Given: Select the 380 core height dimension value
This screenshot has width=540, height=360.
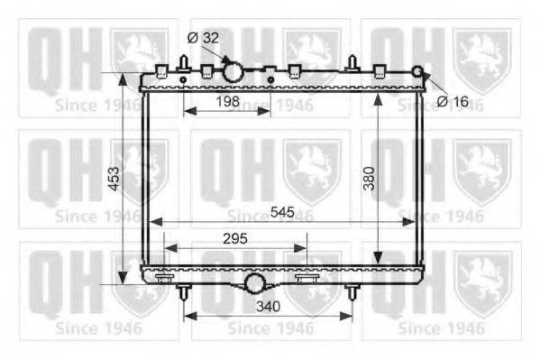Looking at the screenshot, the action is [x=369, y=179].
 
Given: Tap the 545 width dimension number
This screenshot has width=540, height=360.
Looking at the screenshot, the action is [x=282, y=212].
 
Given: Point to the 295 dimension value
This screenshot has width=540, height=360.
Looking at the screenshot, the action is [x=235, y=238].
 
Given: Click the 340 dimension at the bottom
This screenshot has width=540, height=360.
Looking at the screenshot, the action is [x=269, y=306].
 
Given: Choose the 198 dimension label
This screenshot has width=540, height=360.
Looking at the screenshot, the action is [x=228, y=101].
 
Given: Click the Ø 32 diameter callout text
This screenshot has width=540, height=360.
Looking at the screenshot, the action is [x=203, y=38].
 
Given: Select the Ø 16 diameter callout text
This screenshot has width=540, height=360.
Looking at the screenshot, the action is [x=453, y=101].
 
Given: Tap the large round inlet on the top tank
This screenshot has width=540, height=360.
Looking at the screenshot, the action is [x=233, y=72].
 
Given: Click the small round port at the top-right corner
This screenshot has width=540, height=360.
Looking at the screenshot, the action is [x=417, y=71].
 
